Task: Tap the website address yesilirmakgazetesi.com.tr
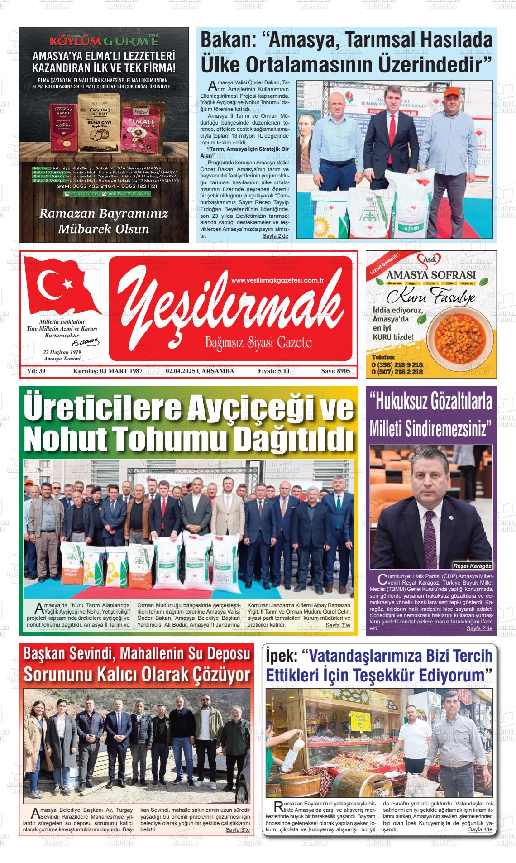pos(280,281)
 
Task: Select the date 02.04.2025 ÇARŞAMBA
pos(200,371)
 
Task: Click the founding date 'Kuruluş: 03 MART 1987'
pos(108,371)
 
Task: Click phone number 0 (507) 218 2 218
pos(397,372)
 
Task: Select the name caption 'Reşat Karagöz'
pos(473,566)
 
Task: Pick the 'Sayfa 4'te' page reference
pos(480,829)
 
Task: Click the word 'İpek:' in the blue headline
pos(282,655)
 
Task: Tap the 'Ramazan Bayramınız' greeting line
pos(104,214)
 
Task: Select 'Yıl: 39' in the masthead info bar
pos(37,371)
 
